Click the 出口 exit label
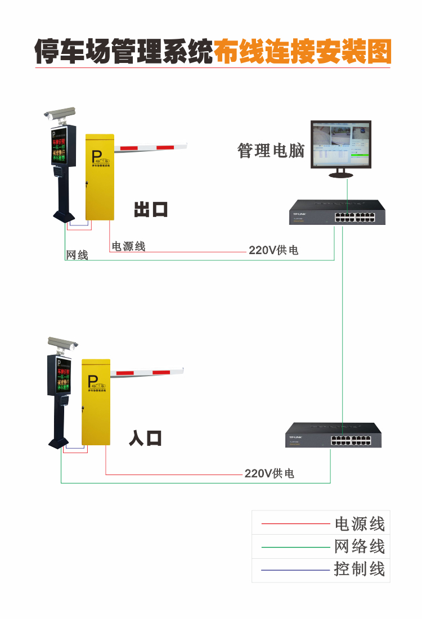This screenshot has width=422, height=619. (x=151, y=210)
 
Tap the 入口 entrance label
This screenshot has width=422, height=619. (x=145, y=438)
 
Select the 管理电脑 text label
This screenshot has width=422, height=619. (x=271, y=151)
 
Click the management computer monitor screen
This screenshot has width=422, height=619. (x=340, y=144)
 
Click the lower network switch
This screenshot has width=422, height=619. (x=333, y=435)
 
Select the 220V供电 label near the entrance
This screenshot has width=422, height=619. (x=269, y=474)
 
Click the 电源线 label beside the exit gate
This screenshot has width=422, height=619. (x=128, y=246)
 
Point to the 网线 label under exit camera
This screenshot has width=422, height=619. (x=77, y=255)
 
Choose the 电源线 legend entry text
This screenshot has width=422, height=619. (x=360, y=524)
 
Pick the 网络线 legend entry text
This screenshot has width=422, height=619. (x=360, y=546)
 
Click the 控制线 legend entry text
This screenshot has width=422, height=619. (x=360, y=569)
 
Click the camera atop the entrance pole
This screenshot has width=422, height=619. (x=62, y=342)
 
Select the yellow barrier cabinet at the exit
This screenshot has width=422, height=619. (x=99, y=177)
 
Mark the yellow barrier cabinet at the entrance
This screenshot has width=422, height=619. (x=96, y=401)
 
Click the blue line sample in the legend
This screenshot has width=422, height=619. (x=295, y=570)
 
